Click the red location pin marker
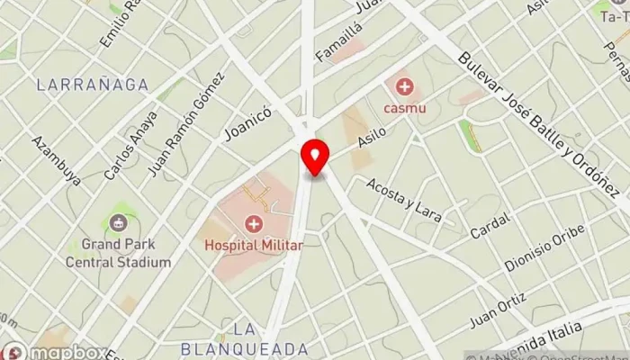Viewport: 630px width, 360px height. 315,158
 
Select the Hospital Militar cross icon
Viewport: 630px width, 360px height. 254,224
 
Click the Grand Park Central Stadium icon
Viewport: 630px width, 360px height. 117,222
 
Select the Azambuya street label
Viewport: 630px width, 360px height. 56,160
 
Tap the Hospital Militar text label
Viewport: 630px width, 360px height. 253,244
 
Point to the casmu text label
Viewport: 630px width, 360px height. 406,108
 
